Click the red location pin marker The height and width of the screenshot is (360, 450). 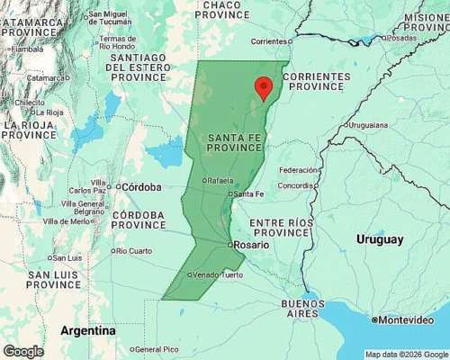click(263, 87)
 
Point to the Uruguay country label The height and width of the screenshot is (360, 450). click(380, 239)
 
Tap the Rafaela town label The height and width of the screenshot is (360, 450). click(221, 181)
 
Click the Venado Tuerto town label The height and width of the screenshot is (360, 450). click(217, 274)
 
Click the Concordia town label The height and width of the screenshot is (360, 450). click(296, 186)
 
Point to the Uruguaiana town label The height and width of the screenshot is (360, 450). click(371, 124)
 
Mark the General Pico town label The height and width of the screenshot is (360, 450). click(156, 349)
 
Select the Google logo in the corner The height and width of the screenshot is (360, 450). click(22, 351)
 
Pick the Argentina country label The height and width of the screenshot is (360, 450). click(87, 330)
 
